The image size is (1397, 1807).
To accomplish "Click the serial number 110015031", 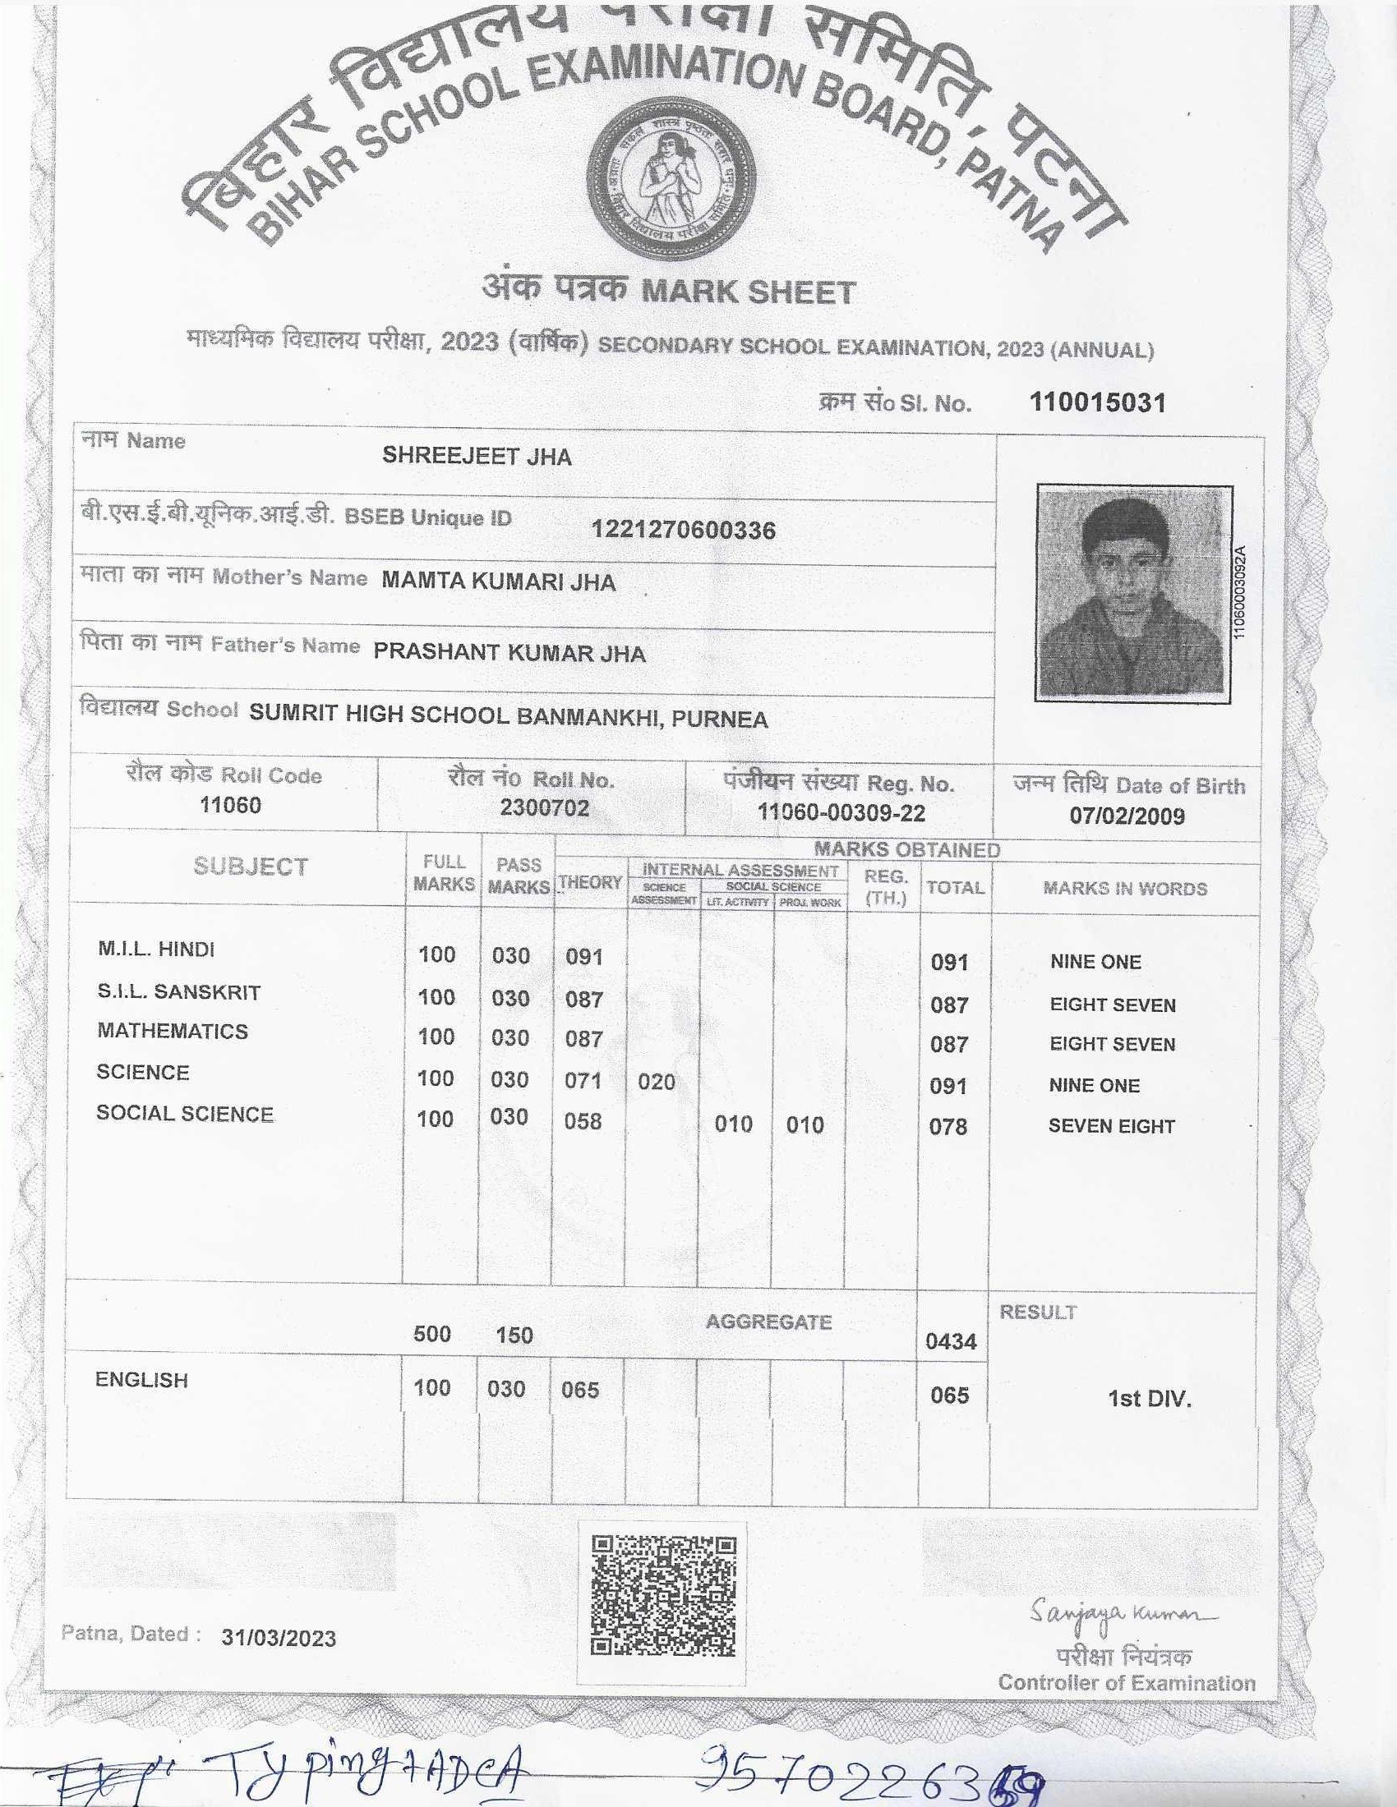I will coord(1096,403).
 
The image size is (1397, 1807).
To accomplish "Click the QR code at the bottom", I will coord(663,1596).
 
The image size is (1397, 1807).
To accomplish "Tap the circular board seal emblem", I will coord(671,181).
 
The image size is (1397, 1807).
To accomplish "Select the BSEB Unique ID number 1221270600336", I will coord(683,531).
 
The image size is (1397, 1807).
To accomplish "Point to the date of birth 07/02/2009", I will coord(1127,816).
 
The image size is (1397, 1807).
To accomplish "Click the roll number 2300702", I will coord(544,807).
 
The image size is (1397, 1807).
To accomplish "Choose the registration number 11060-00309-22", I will coord(841,812).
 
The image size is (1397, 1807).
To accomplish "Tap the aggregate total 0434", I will coord(951,1341).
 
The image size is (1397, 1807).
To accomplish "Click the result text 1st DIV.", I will coord(1149,1399).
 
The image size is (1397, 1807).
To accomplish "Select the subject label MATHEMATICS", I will coord(172,1031).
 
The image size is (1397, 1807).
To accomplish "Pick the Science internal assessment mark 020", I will coord(657,1082).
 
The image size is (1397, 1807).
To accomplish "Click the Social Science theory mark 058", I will coord(583,1121).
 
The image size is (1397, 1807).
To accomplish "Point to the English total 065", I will coord(949,1395).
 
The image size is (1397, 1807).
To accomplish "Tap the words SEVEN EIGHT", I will coord(1111,1126).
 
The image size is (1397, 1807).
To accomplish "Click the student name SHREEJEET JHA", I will coord(477,456).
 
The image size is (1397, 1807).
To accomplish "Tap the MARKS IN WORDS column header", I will coord(1125,889).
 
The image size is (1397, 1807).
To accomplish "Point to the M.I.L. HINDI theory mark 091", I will coord(583,957).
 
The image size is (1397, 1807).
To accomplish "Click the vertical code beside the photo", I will coord(1239,591).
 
